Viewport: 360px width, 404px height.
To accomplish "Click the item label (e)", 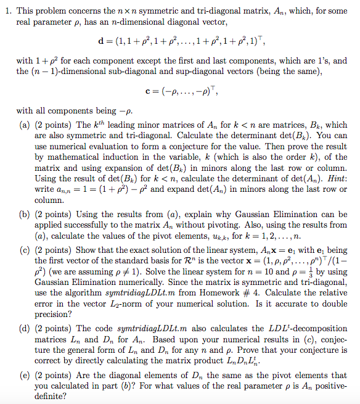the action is coord(26,374).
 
